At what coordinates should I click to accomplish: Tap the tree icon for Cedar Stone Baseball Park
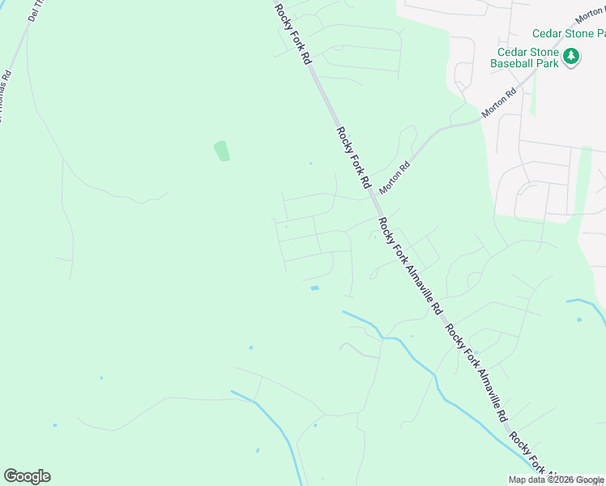pos(572,56)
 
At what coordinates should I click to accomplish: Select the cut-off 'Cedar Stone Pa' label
pos(568,33)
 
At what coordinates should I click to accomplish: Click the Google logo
pos(27,476)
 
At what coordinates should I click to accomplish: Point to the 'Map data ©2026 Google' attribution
pos(557,480)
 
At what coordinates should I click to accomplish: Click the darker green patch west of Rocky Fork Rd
pos(221,151)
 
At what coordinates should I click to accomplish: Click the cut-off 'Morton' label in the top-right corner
pos(589,16)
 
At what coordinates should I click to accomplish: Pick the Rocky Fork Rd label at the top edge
pos(292,34)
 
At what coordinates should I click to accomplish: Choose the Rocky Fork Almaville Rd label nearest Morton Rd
pos(409,266)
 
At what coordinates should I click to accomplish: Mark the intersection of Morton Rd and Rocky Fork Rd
pos(373,194)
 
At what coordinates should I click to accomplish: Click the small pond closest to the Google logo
pos(54,425)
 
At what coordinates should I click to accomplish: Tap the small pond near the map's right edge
pos(578,319)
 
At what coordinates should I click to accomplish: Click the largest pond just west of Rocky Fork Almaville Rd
pos(314,288)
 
